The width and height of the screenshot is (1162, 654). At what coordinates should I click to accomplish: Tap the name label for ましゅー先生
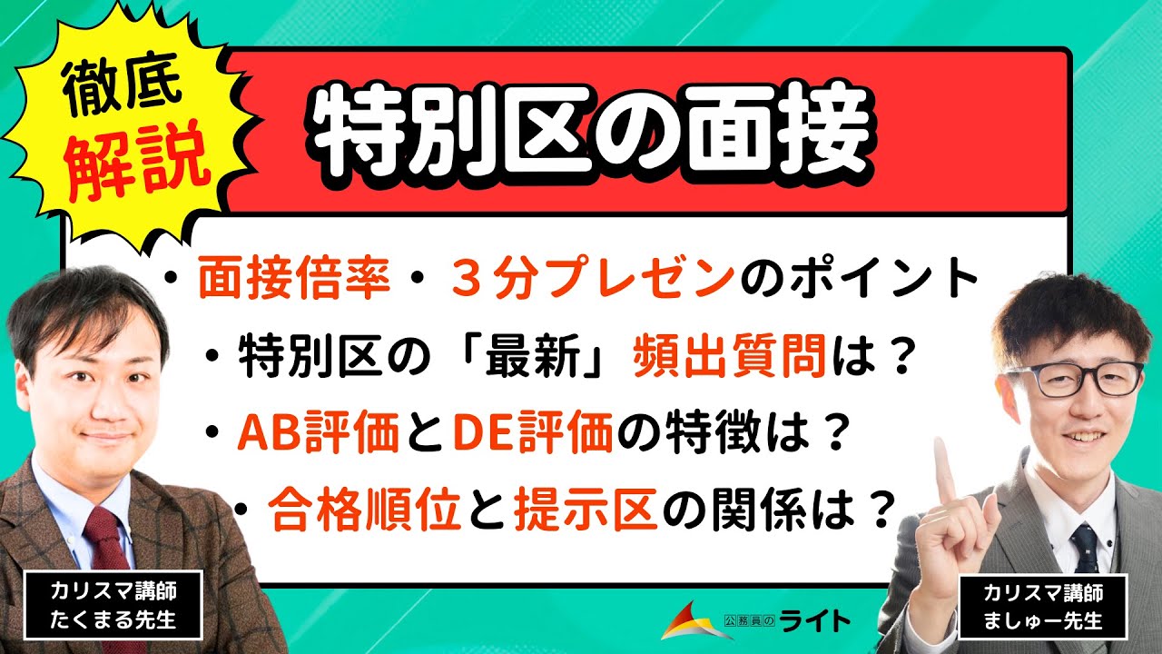click(x=1043, y=606)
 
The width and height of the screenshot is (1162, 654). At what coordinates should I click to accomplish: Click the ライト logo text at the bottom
click(x=812, y=619)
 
